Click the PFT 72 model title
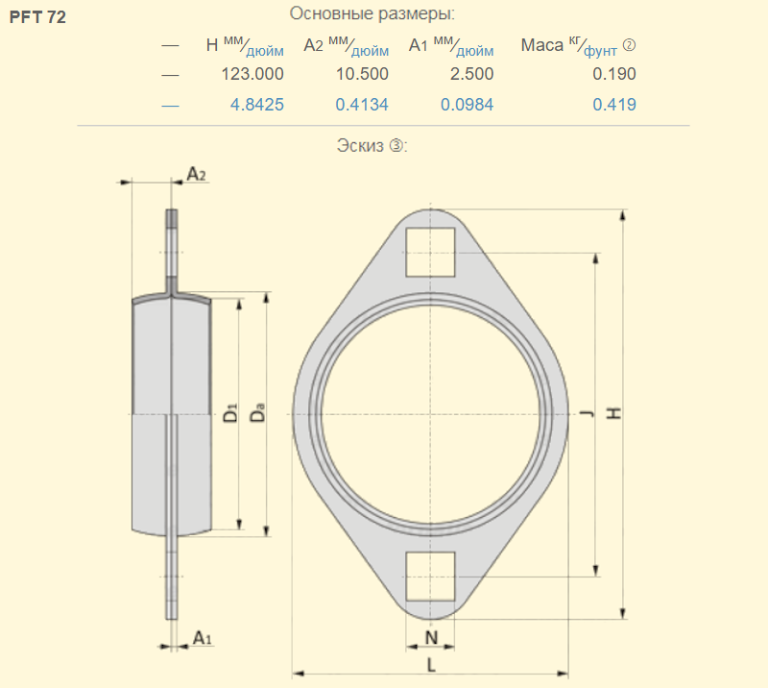point(37,17)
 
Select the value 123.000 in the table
point(252,74)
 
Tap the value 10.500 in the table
point(362,74)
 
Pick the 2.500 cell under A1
point(471,74)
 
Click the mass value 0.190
point(614,74)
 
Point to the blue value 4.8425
point(257,105)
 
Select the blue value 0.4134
point(362,105)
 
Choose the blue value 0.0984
point(467,105)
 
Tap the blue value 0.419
point(614,105)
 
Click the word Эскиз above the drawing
point(360,146)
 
